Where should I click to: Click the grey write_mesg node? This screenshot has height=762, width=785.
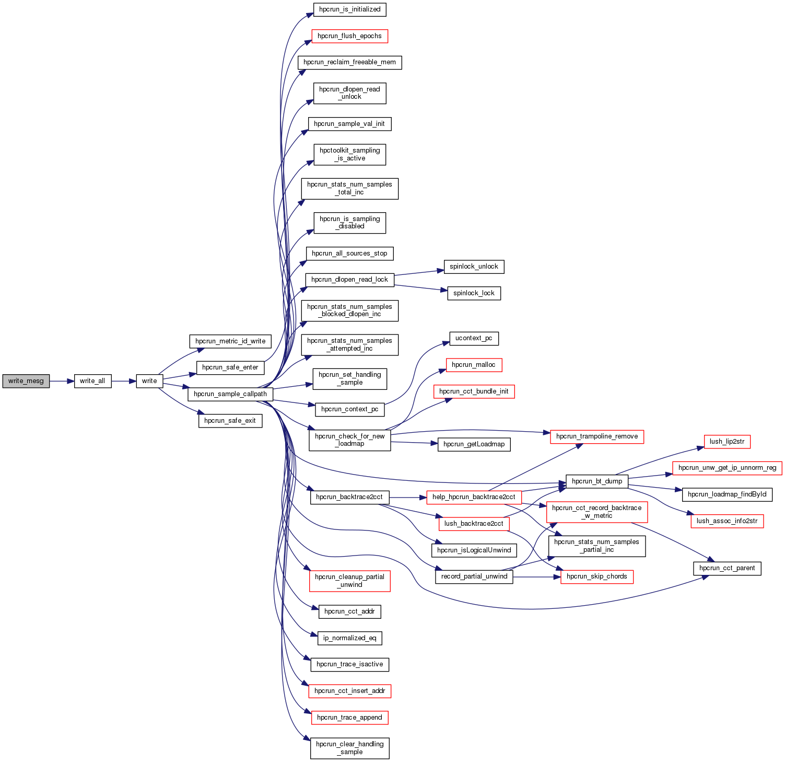(x=26, y=381)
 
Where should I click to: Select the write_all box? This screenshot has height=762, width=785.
(x=92, y=381)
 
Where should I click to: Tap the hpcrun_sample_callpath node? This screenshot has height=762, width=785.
(x=230, y=394)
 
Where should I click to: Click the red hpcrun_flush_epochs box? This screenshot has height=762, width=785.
(x=349, y=36)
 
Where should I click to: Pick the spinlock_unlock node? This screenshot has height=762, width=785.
(x=474, y=267)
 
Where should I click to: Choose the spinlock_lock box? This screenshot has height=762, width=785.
(x=474, y=293)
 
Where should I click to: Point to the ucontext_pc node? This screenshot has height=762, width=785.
(x=474, y=338)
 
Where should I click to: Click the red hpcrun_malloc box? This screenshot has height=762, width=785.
(x=474, y=365)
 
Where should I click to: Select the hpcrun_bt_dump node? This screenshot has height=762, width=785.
(x=597, y=481)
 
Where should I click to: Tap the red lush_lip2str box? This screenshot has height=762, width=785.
(x=727, y=442)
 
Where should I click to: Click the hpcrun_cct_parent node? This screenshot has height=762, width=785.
(x=727, y=568)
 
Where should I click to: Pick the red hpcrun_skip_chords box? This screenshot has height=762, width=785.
(x=597, y=576)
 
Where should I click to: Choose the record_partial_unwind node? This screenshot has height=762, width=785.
(x=474, y=576)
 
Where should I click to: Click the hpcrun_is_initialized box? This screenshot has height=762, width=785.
(x=349, y=9)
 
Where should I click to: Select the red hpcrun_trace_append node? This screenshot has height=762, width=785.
(x=349, y=718)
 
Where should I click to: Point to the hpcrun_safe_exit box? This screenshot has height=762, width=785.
(x=230, y=421)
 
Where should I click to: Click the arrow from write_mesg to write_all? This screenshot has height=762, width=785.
(x=62, y=381)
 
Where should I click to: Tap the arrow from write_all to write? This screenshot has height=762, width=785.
(x=124, y=381)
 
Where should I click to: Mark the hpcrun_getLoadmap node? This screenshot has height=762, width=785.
(x=474, y=444)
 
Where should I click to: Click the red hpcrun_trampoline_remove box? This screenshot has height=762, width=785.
(x=597, y=436)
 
